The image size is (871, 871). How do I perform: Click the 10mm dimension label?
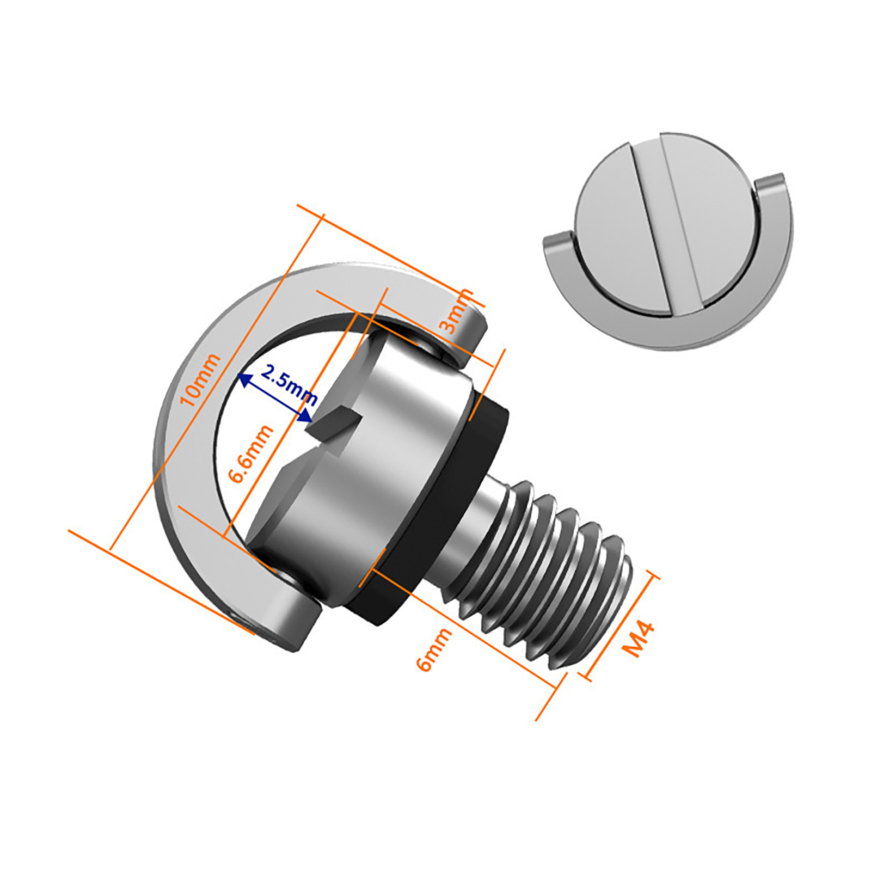(200, 379)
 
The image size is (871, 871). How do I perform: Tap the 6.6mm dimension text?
(251, 454)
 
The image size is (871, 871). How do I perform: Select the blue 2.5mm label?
(289, 384)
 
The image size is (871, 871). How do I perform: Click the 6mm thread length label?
(433, 649)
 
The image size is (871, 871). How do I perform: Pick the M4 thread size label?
(637, 639)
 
